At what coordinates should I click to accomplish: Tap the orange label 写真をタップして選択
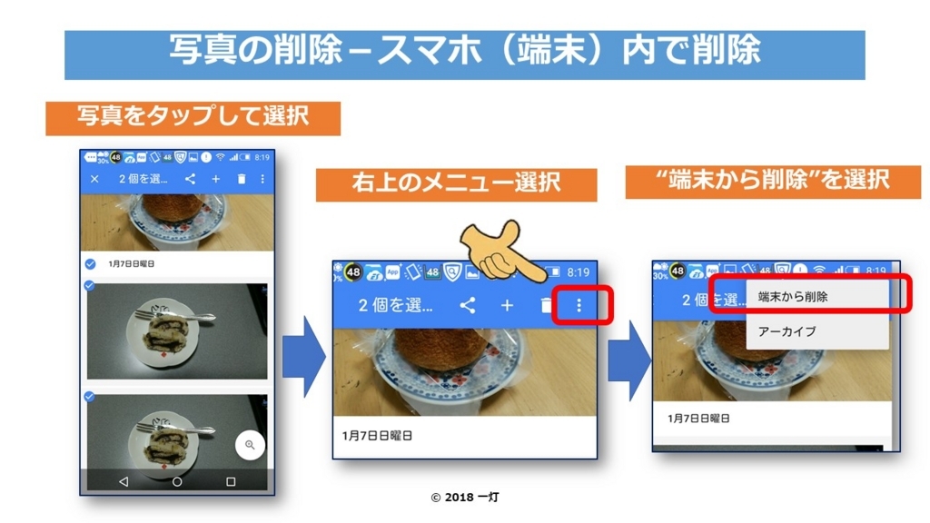tap(193, 117)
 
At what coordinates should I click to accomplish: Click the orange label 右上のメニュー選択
tap(456, 184)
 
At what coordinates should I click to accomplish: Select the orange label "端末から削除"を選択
tap(772, 181)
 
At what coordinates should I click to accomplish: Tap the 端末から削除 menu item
tap(793, 297)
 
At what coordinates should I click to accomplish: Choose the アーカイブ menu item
tap(787, 331)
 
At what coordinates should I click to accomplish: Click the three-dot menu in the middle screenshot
tap(579, 306)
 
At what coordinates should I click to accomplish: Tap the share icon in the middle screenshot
tap(468, 305)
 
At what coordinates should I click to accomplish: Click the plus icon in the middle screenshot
tap(507, 305)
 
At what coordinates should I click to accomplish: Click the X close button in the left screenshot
tap(94, 179)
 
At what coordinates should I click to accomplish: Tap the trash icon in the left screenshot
tap(241, 179)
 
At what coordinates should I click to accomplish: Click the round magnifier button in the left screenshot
tap(250, 445)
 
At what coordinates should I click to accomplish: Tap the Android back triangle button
tap(124, 481)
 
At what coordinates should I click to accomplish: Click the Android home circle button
tap(177, 481)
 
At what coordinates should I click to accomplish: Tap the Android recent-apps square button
tap(231, 481)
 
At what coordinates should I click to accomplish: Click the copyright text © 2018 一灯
tap(464, 498)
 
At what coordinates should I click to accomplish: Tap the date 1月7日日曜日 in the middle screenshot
tap(377, 436)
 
